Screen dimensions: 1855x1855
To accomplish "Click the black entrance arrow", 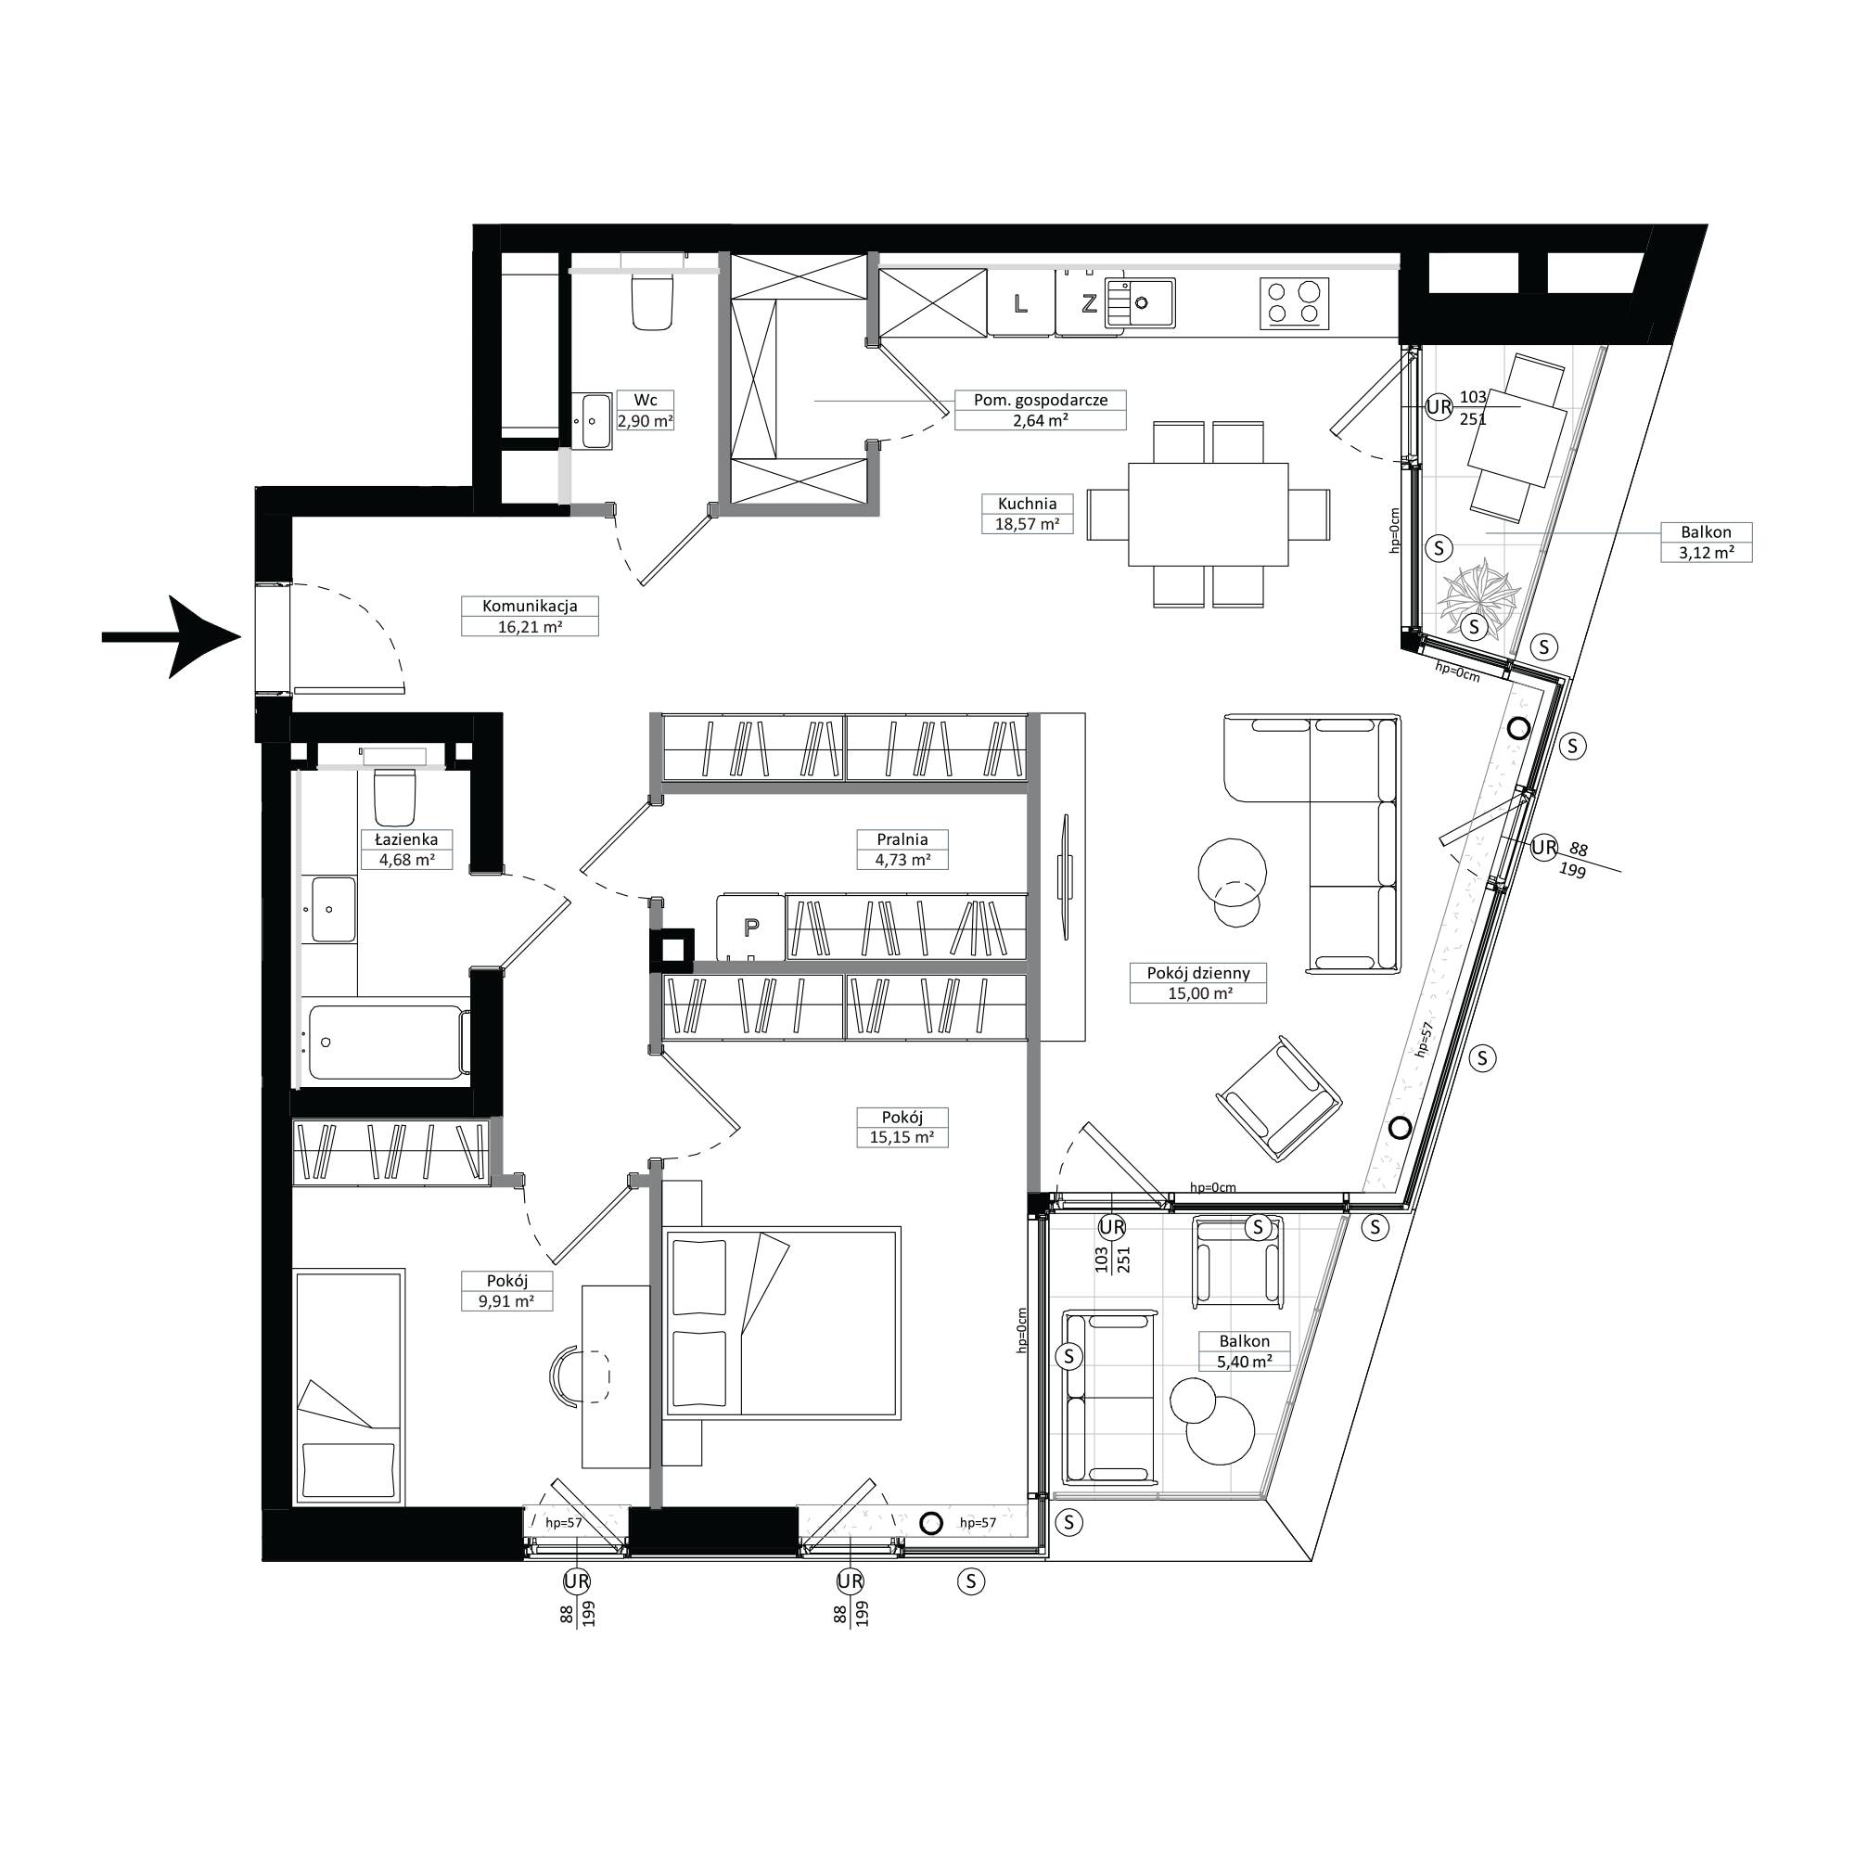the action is pos(171,636).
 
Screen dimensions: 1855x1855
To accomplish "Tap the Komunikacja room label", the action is pos(529,617).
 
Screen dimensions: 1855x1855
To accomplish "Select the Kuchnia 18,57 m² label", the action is pos(1027,514).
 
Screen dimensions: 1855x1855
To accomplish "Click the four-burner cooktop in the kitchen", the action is pos(1294,303).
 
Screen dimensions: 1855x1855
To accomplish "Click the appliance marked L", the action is pos(1020,304).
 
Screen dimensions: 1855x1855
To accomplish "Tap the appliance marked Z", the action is pos(1088,304).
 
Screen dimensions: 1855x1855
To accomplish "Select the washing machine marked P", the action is pos(751,927).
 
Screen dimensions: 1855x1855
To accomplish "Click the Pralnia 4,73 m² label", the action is pos(902,850).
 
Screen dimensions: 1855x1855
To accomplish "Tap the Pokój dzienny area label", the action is pos(1199,983).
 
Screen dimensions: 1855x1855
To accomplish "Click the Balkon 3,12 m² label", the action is pos(1707,543).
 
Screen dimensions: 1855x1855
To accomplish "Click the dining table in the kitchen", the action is pos(1208,515).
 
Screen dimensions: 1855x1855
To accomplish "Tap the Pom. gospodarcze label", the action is pos(1040,410).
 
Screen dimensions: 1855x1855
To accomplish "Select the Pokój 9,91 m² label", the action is pos(507,1291).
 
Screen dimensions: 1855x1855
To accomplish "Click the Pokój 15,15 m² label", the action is pos(902,1127).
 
